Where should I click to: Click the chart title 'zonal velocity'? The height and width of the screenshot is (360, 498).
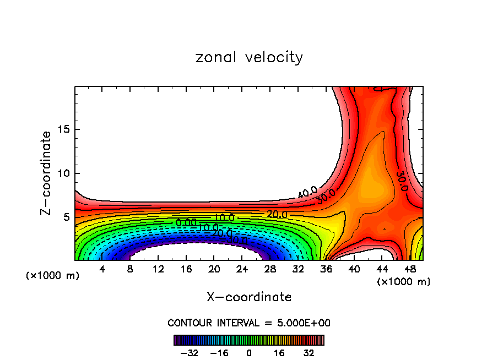click(249, 57)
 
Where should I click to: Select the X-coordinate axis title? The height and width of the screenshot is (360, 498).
click(249, 297)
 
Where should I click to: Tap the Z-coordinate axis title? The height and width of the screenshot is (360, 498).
click(46, 173)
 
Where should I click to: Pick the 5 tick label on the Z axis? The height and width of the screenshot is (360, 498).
click(66, 217)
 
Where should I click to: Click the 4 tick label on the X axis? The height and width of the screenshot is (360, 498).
click(102, 270)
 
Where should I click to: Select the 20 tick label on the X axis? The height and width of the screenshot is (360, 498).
click(214, 270)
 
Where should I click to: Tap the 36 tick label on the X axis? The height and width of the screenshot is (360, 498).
click(326, 270)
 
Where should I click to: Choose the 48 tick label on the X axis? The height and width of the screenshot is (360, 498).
click(410, 270)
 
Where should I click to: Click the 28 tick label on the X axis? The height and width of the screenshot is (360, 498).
click(270, 270)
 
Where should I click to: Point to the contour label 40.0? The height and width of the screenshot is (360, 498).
click(307, 193)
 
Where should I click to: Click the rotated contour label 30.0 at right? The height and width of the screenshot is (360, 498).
click(402, 181)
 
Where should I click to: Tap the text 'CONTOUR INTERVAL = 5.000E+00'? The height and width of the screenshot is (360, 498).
click(249, 323)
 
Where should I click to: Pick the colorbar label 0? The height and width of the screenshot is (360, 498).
click(249, 352)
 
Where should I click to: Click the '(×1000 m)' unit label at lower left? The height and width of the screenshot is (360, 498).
click(53, 276)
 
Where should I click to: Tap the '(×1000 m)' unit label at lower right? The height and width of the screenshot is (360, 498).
click(403, 282)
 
